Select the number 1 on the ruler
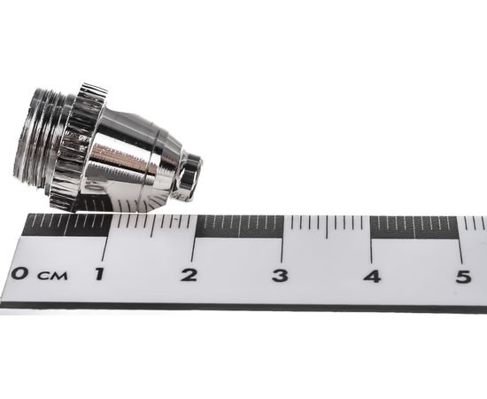point(99,274)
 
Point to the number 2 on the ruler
point(189,274)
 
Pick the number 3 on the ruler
point(280,275)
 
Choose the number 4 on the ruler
point(372,276)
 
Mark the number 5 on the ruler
point(462,276)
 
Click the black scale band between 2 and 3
point(240,225)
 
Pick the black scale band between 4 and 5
point(416,227)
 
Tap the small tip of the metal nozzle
point(189,174)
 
